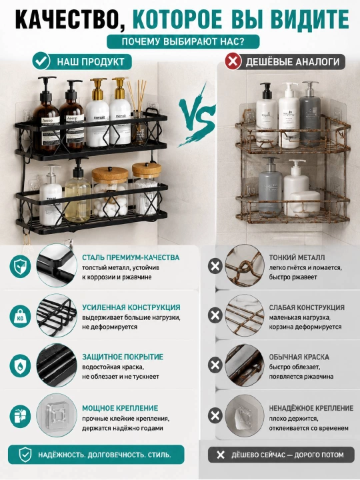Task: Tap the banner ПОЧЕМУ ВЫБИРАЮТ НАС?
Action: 183,41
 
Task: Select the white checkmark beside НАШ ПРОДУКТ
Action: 41,61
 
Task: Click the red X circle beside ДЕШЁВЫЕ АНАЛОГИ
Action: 233,61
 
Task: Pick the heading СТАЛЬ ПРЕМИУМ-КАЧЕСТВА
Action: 131,257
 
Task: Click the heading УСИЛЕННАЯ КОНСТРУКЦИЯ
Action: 131,307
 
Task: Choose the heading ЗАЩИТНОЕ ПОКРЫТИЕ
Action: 123,357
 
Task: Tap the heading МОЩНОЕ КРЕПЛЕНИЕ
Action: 120,408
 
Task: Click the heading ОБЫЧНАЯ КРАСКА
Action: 299,357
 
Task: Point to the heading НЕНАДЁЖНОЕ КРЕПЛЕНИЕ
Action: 311,408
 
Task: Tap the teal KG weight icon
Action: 20,316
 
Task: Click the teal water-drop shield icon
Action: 20,365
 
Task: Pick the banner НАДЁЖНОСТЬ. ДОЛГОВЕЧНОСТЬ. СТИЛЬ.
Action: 96,455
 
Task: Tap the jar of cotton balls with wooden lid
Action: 110,191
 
